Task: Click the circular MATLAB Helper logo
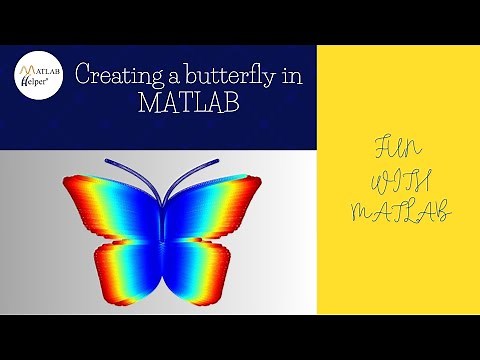tap(38, 76)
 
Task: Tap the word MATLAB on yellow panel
tap(398, 211)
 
